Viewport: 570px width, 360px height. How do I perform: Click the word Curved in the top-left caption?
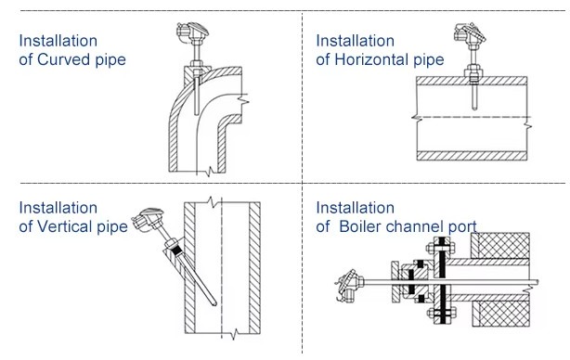click(x=64, y=59)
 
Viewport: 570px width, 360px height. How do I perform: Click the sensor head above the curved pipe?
click(x=192, y=32)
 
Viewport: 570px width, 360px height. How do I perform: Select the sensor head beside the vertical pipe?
click(x=147, y=219)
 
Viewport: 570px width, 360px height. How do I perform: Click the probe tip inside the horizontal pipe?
click(x=474, y=109)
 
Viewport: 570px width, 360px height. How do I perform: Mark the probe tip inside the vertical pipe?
click(x=214, y=303)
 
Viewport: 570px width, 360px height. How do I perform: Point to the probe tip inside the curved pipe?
click(x=197, y=113)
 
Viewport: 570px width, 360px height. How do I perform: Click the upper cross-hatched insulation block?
click(x=500, y=246)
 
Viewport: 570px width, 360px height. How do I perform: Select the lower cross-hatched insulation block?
click(x=501, y=314)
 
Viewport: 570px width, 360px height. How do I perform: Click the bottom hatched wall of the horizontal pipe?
click(x=472, y=156)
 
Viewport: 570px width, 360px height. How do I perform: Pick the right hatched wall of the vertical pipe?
click(x=254, y=268)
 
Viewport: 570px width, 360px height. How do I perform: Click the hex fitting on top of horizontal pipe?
click(x=473, y=73)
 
